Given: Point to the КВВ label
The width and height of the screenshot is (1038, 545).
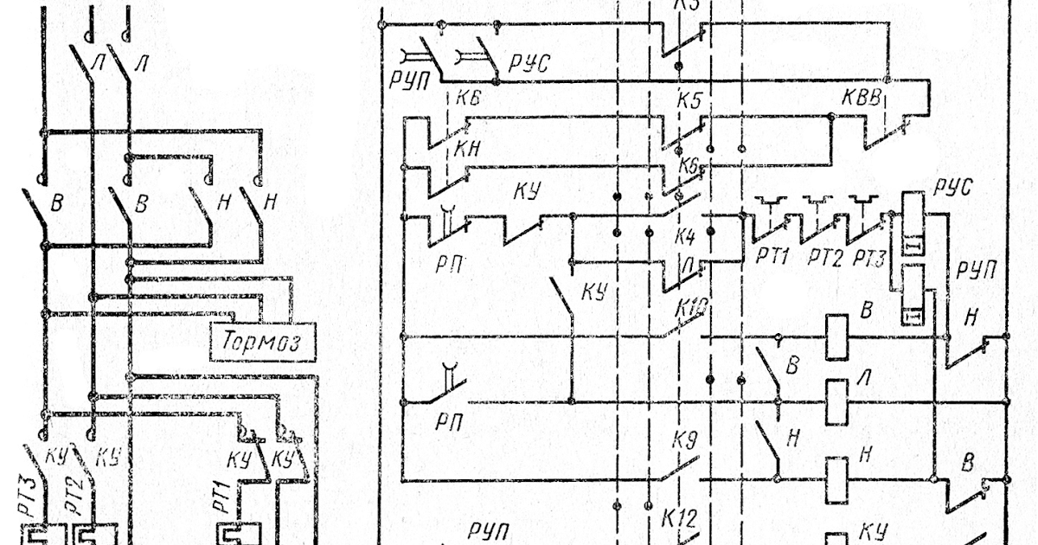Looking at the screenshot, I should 861,99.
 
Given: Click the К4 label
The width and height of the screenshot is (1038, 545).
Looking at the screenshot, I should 684,235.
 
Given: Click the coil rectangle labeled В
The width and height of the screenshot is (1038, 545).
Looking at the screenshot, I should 836,337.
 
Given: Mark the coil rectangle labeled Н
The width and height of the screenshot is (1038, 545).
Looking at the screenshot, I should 836,480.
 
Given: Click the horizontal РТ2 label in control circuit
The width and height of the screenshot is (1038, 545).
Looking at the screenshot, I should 824,258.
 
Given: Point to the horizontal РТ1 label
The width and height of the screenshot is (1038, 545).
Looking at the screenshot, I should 774,258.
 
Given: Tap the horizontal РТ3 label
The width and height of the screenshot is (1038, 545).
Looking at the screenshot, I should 869,258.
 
